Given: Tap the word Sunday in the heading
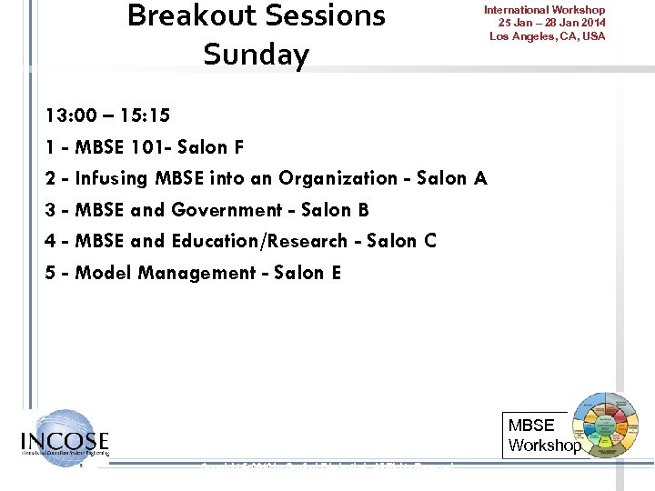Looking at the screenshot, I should (x=257, y=55).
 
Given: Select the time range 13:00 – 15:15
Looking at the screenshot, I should (x=107, y=115).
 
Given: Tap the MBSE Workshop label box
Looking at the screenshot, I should (x=543, y=436).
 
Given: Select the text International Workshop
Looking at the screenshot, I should (x=544, y=10).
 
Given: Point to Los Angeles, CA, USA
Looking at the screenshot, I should (x=547, y=36).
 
